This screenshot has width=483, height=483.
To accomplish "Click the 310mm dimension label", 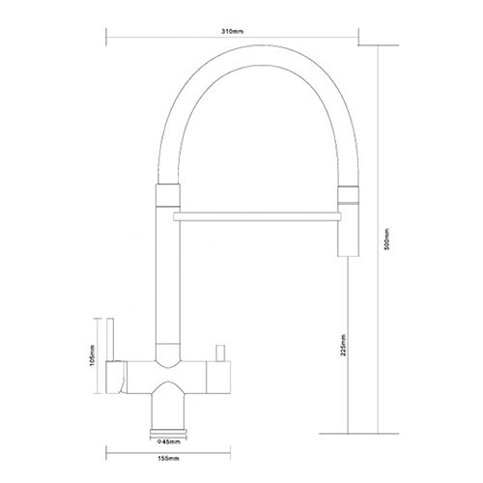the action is pos(232,32).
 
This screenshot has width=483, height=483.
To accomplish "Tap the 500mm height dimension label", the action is pos(387,239).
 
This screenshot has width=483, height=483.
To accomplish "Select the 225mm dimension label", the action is pos(343,345).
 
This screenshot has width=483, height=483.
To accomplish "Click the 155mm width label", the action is pos(167,458).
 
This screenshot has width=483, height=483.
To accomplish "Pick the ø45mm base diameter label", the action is pos(168,441).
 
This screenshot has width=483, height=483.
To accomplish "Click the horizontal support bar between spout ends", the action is pos(257,216).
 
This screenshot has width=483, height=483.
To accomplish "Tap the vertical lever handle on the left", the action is pos(110,340).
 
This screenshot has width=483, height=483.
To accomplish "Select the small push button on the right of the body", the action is pos(220,353).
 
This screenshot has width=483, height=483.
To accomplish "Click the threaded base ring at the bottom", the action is pos(168,433).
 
